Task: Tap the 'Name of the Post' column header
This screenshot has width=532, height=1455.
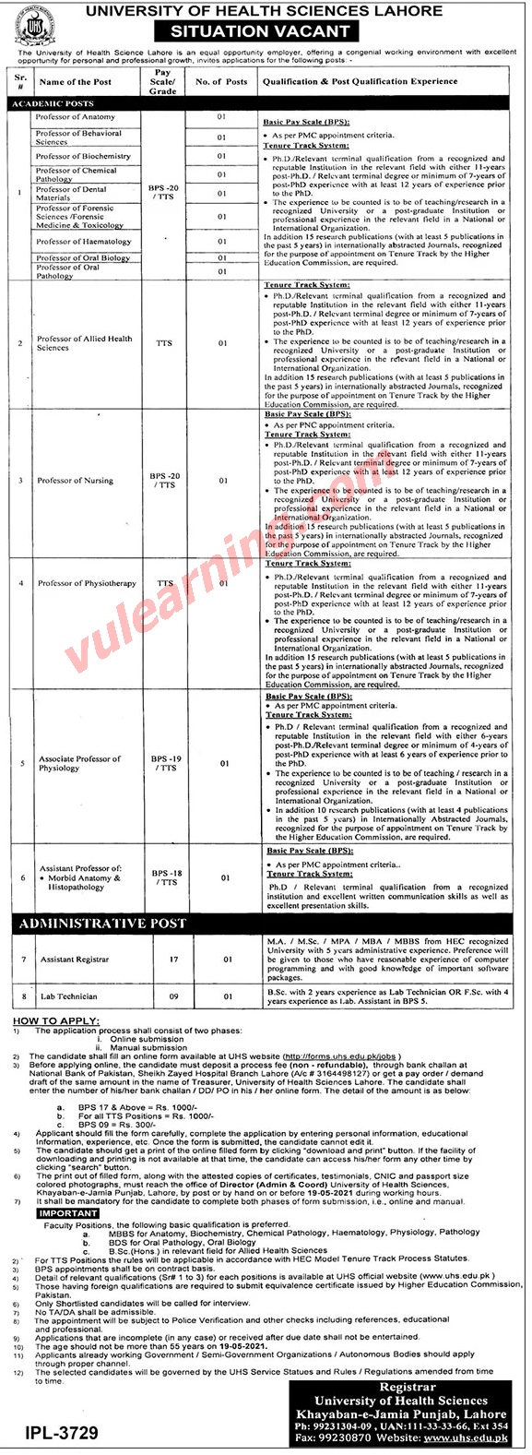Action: [x=76, y=82]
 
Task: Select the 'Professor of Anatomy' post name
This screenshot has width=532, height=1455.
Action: [x=76, y=118]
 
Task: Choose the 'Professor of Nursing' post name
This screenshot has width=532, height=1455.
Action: [x=76, y=481]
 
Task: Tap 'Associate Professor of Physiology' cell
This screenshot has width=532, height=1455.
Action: [x=79, y=763]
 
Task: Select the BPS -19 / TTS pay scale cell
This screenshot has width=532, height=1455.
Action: [x=165, y=763]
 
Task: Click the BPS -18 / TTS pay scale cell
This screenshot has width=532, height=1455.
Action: [x=165, y=877]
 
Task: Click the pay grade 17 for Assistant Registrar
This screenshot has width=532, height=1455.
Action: [x=165, y=960]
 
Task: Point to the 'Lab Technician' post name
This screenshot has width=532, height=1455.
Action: [x=68, y=996]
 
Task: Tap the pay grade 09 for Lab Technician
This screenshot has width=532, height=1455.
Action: [x=165, y=996]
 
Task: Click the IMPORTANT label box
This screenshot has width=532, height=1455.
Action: [x=69, y=1214]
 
